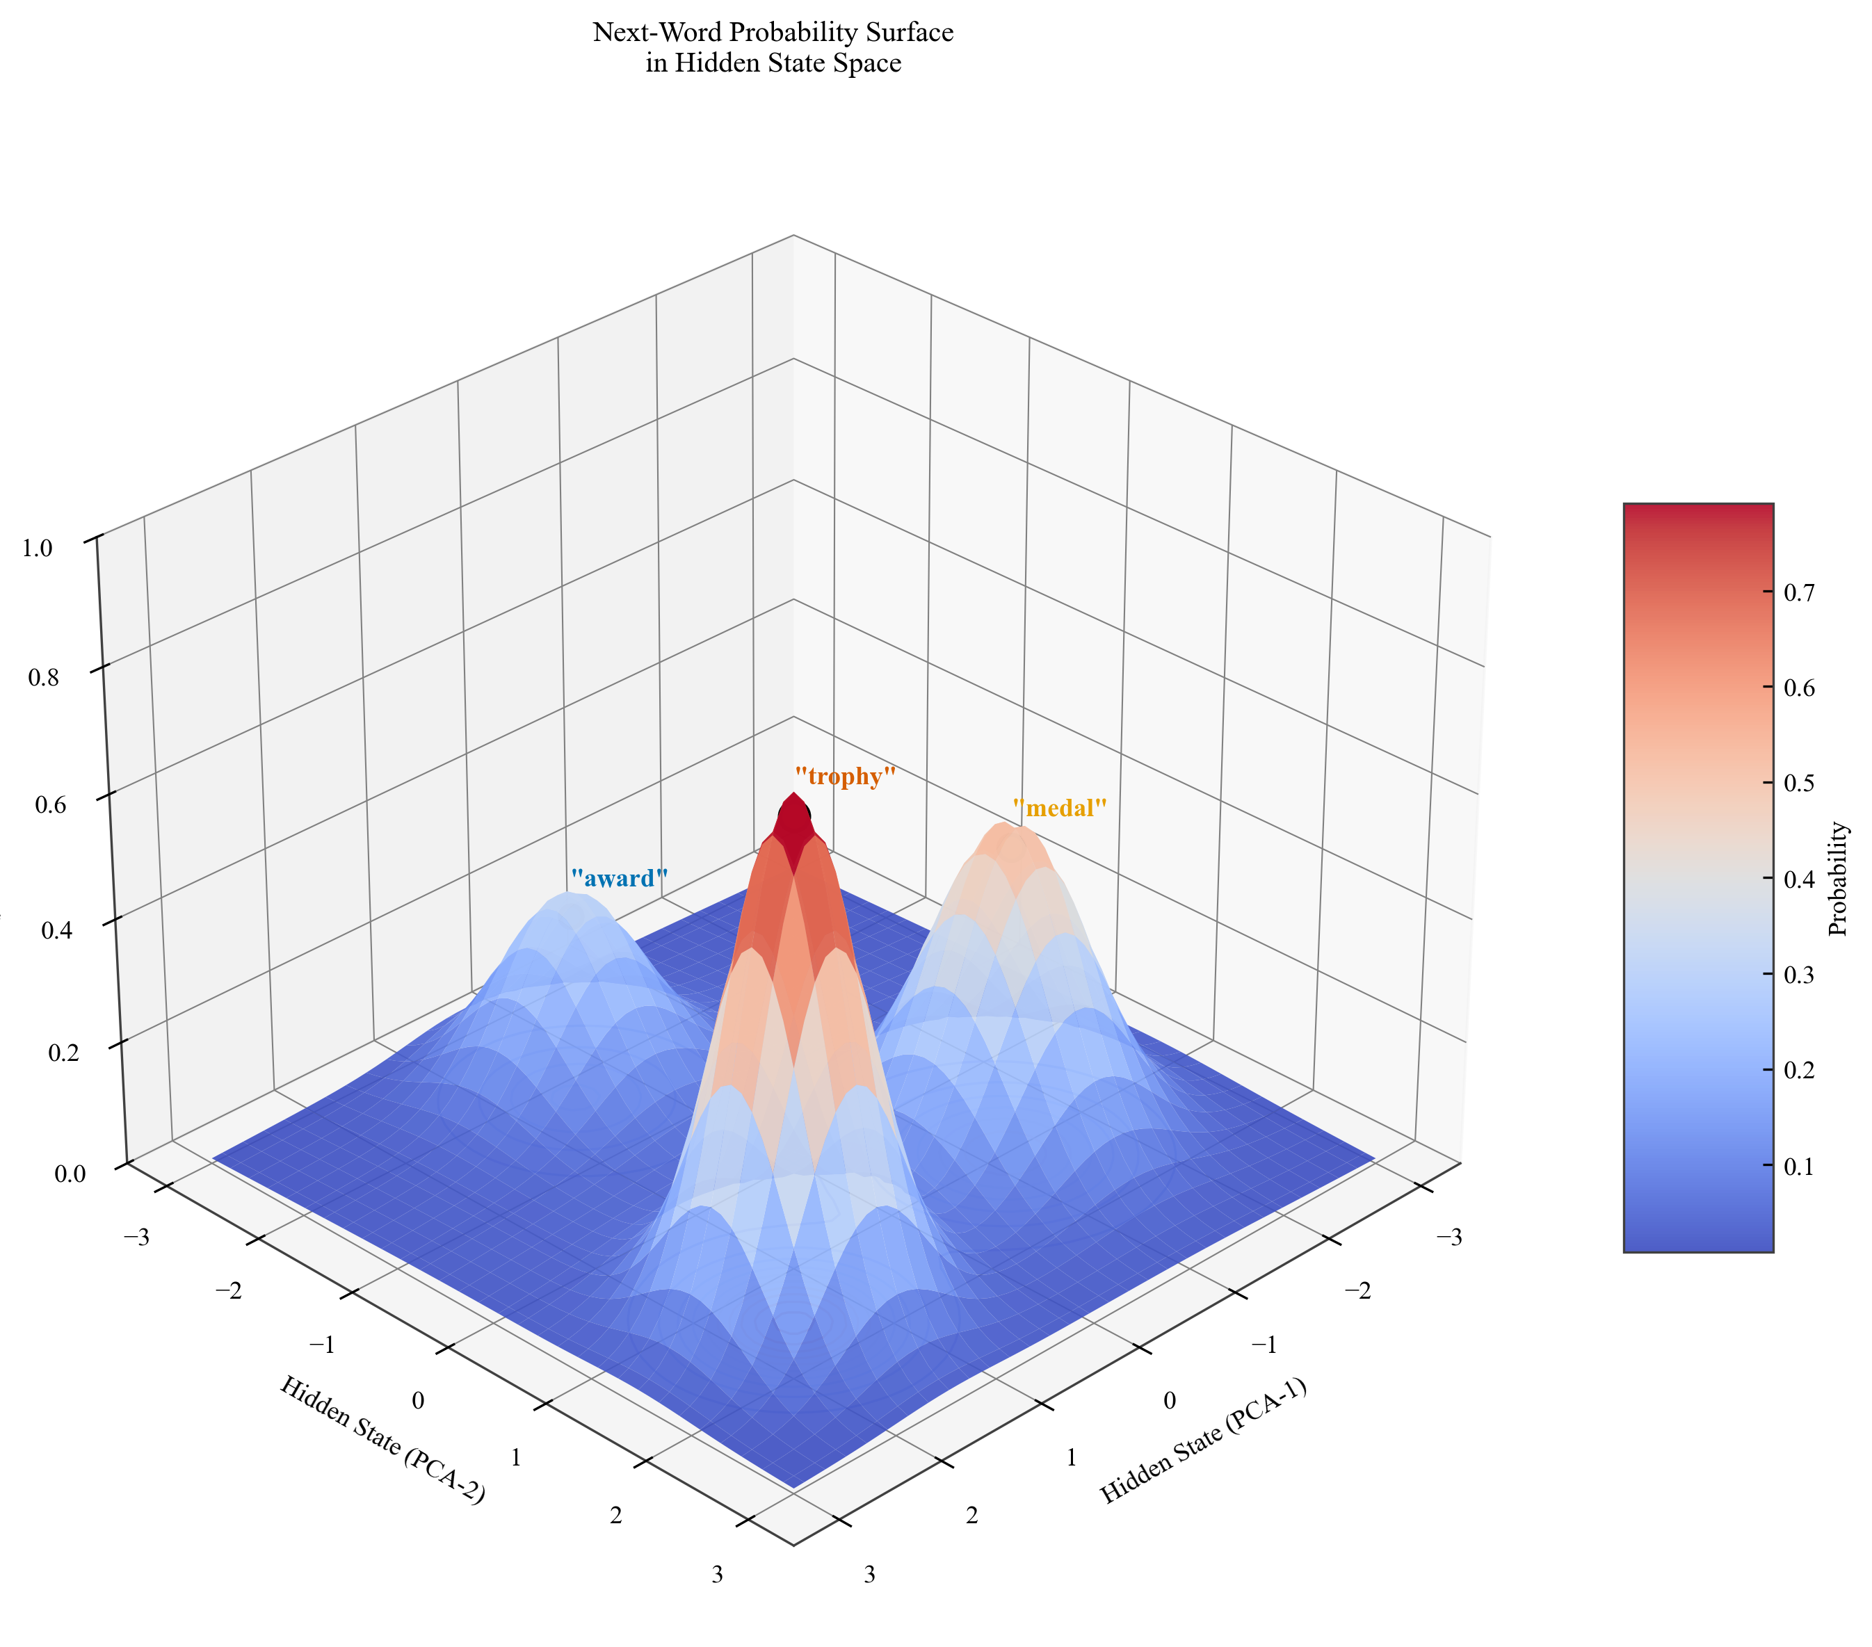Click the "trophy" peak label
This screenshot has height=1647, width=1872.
click(844, 777)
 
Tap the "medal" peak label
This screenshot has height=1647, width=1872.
click(1060, 809)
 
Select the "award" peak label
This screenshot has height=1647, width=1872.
click(619, 879)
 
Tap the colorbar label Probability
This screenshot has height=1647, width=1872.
click(1837, 879)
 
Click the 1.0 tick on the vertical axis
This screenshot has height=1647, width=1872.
click(38, 549)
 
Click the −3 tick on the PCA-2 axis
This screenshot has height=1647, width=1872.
click(136, 1238)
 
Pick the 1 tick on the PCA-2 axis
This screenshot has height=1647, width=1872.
click(515, 1459)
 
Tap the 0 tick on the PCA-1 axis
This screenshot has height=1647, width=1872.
click(1170, 1401)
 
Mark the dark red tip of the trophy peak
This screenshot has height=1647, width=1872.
click(794, 815)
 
